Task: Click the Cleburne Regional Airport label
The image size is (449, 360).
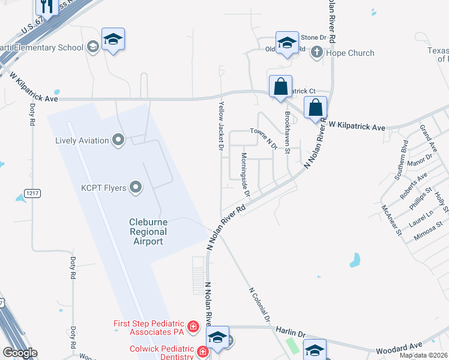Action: pyautogui.click(x=148, y=232)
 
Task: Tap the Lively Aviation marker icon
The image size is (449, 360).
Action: pyautogui.click(x=118, y=140)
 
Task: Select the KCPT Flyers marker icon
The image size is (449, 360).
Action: pyautogui.click(x=136, y=188)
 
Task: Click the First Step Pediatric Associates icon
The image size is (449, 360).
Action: pyautogui.click(x=193, y=326)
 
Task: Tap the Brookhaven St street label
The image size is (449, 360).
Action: pyautogui.click(x=288, y=133)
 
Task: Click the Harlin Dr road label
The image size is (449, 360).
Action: pyautogui.click(x=291, y=331)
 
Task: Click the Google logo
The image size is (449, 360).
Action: pyautogui.click(x=20, y=353)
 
